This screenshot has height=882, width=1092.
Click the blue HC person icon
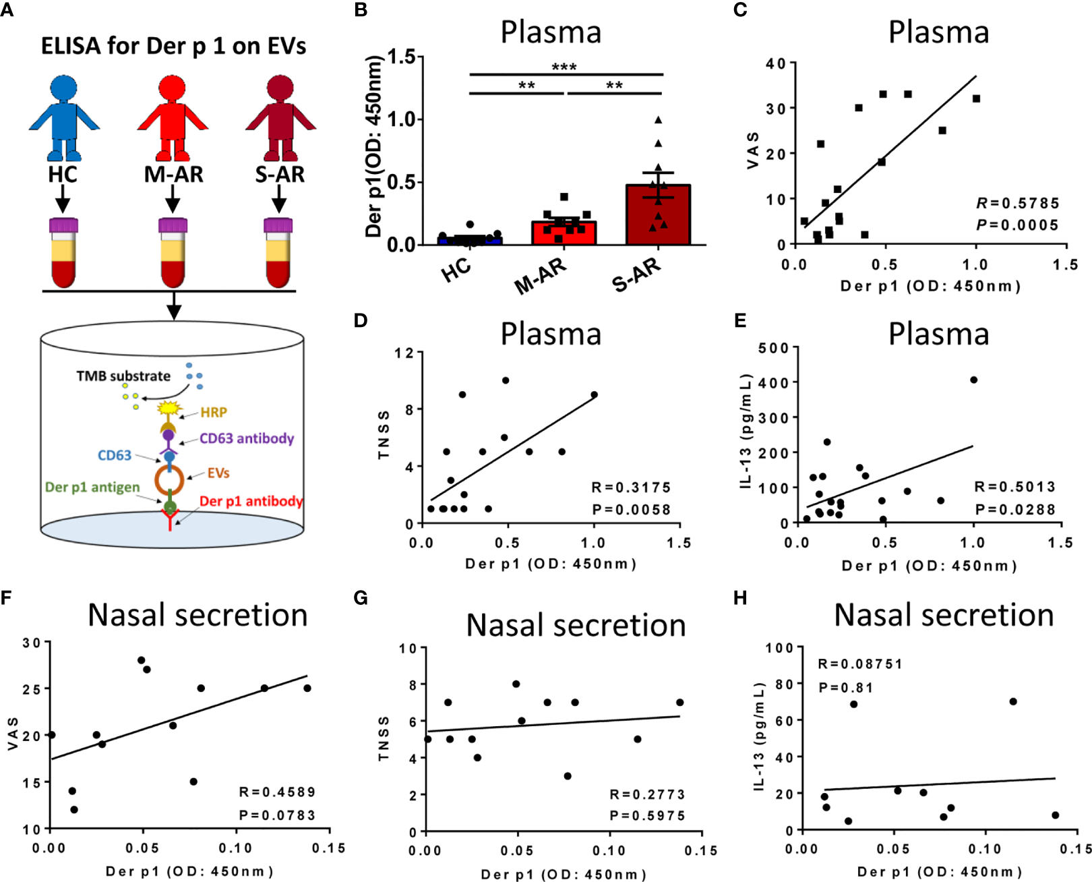[x=63, y=115]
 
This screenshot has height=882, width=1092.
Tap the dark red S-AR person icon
[x=280, y=115]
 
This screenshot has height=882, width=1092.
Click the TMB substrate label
[x=123, y=376]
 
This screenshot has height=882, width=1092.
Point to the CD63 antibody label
[x=247, y=438]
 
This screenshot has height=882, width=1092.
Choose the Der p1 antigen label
[x=92, y=487]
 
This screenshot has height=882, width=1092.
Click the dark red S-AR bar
[x=658, y=215]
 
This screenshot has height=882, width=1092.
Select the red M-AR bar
[x=564, y=233]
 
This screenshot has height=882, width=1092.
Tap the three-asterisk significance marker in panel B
[x=564, y=67]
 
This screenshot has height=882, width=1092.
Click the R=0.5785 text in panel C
[x=1017, y=203]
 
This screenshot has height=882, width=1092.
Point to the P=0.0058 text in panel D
[x=631, y=510]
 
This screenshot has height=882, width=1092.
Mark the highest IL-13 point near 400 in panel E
[x=973, y=380]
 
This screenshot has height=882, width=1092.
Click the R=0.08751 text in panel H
[x=859, y=664]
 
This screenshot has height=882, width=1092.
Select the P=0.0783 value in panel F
[x=277, y=815]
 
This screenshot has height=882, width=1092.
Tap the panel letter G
[x=361, y=598]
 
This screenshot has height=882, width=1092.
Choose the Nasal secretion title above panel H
[x=944, y=615]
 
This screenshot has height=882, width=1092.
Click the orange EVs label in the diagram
[x=218, y=473]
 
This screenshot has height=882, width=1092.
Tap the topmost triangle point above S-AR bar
[x=658, y=120]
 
